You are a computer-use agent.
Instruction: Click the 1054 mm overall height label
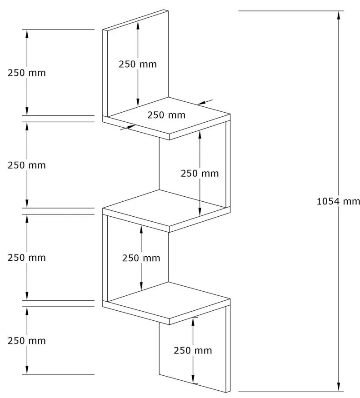tap(338, 201)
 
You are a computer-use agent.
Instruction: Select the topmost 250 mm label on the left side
tap(26, 73)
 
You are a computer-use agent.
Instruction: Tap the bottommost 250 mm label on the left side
tap(26, 341)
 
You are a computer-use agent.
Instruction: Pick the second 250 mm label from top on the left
tap(26, 165)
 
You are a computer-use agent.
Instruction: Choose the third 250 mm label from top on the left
tap(26, 258)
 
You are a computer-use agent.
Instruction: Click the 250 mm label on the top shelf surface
tap(166, 115)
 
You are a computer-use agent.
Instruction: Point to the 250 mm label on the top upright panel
tap(138, 64)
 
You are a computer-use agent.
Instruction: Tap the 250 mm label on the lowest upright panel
tap(193, 350)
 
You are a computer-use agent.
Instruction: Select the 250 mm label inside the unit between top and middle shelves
tap(200, 173)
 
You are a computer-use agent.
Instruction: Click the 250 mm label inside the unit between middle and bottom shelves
tap(141, 258)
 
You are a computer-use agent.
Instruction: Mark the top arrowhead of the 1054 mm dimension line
tap(339, 15)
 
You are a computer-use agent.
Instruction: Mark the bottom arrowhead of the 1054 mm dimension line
tap(339, 387)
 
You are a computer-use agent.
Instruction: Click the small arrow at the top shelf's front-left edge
tap(130, 127)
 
